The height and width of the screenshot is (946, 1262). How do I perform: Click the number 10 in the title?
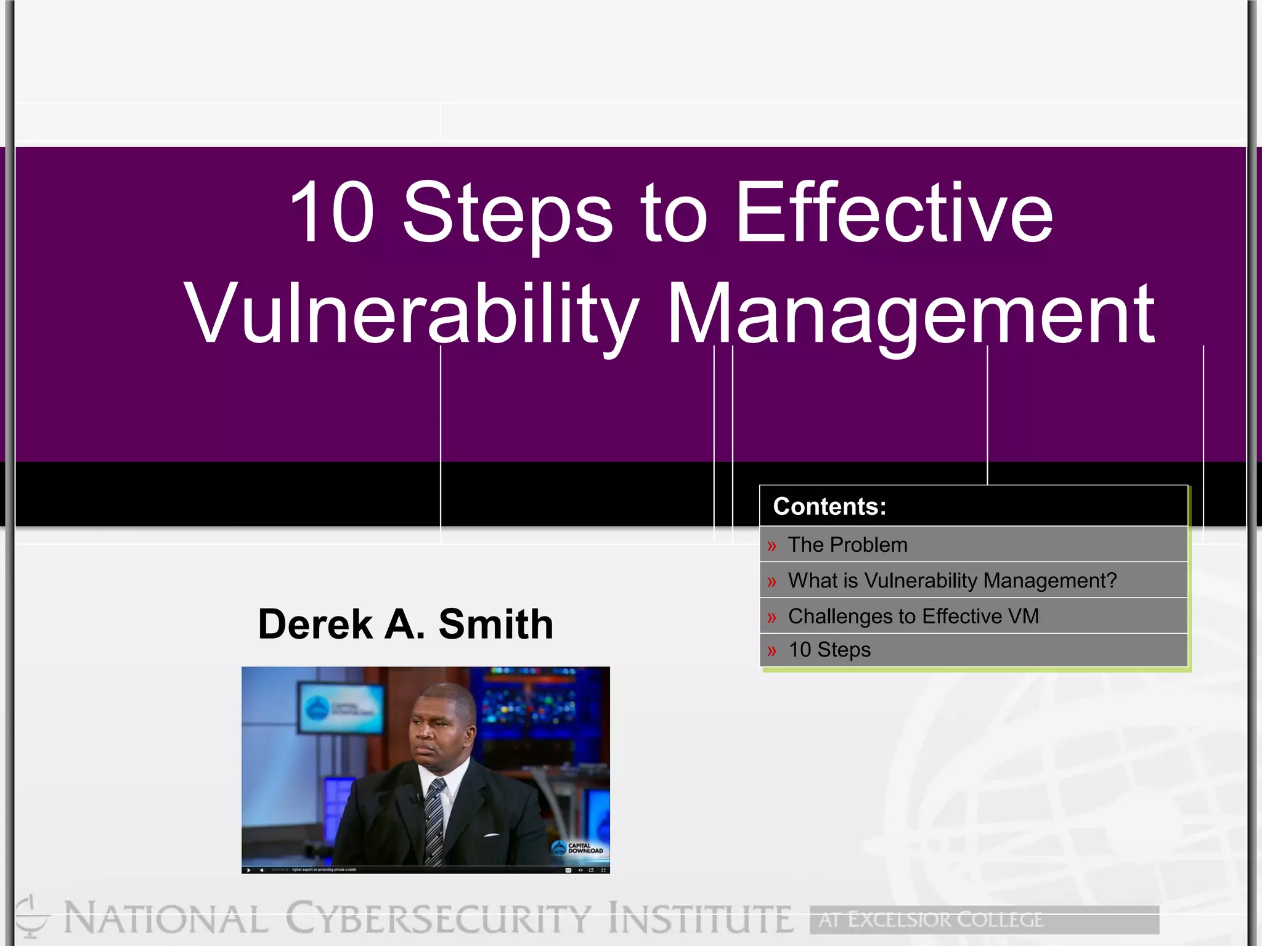point(332,212)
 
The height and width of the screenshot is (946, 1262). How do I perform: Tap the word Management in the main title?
point(911,314)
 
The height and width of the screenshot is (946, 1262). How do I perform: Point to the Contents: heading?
point(829,506)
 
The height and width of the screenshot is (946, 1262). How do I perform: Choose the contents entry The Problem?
point(847,545)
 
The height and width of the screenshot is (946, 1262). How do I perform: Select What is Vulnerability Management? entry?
point(952,581)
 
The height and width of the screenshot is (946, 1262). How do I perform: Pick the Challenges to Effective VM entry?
point(913,617)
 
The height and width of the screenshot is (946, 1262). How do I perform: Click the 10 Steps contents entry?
point(829,650)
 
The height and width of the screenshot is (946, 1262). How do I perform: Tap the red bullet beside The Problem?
point(771,546)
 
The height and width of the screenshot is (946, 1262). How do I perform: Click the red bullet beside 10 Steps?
point(771,651)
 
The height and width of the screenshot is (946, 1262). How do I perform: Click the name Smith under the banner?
point(495,625)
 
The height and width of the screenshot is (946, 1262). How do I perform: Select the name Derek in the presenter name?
point(315,625)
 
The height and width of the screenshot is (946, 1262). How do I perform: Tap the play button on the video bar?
point(249,870)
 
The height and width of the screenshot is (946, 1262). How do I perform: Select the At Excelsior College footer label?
point(930,920)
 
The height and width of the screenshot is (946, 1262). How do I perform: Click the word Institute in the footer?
point(701,919)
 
